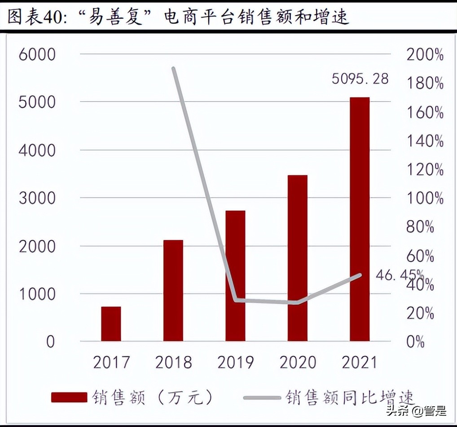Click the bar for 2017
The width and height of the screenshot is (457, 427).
[111, 324]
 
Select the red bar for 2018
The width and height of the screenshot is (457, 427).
[173, 290]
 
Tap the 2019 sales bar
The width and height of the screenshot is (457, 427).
[235, 276]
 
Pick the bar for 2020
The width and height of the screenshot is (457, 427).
[298, 258]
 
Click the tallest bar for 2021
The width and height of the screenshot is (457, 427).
[360, 219]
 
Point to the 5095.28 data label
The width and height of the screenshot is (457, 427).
[360, 79]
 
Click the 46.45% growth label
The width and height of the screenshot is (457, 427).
[398, 274]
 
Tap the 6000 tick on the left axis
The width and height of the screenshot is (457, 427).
[37, 55]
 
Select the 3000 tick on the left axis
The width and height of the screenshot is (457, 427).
[37, 198]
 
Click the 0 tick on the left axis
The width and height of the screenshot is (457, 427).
[50, 342]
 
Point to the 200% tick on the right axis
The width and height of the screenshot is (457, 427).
[425, 55]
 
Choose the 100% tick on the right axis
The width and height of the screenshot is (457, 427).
[425, 198]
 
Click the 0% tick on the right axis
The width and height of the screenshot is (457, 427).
[415, 342]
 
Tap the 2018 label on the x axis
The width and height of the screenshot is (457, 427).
[173, 362]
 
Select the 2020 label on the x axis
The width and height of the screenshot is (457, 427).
[298, 362]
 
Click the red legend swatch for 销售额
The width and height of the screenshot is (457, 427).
[69, 397]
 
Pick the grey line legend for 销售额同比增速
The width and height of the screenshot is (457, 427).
[263, 397]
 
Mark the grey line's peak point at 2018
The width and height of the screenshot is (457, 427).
[173, 68]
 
